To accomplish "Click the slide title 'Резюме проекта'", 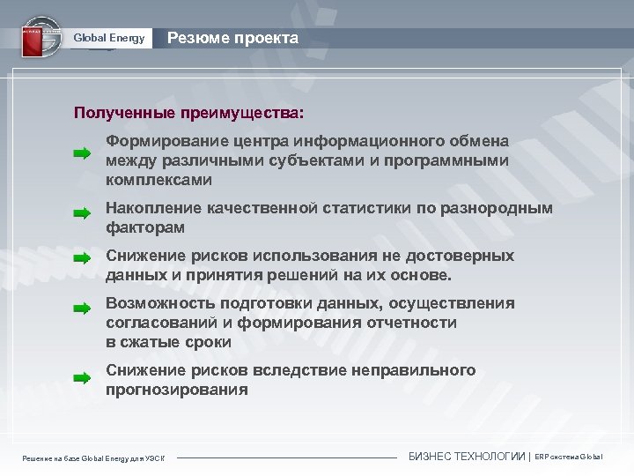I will pos(232,38).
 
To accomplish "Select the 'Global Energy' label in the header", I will pos(108,38).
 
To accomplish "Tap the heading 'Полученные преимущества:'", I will pos(190,114).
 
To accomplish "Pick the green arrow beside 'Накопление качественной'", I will pos(82,212).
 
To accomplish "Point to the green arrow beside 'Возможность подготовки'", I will pos(82,309).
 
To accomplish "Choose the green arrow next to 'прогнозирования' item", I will pos(82,377).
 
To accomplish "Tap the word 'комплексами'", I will pos(158,179).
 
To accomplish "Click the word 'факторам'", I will pos(145,227).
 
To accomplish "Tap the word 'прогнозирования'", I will pos(177,389).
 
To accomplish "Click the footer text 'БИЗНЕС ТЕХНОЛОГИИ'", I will pos(468,456).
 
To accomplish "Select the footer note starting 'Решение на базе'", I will pos(98,457).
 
